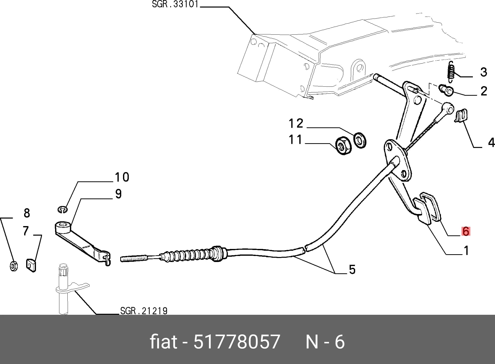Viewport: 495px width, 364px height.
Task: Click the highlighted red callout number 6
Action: click(x=466, y=231)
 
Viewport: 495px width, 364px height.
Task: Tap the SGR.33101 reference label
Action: click(x=175, y=4)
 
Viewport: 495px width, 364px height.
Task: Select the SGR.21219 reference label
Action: click(x=144, y=311)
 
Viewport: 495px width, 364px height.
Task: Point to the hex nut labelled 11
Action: click(x=344, y=145)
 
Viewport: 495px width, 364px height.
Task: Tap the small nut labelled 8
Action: click(x=13, y=266)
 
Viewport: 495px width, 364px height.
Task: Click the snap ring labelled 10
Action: click(x=62, y=209)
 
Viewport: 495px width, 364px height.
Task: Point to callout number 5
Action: click(x=352, y=270)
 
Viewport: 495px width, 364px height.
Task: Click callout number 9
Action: click(x=118, y=194)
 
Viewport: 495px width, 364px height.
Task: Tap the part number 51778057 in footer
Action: click(x=237, y=342)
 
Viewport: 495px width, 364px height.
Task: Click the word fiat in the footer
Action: click(x=163, y=342)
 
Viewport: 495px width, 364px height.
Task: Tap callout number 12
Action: click(x=296, y=124)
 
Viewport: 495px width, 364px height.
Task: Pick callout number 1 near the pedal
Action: click(x=466, y=250)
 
